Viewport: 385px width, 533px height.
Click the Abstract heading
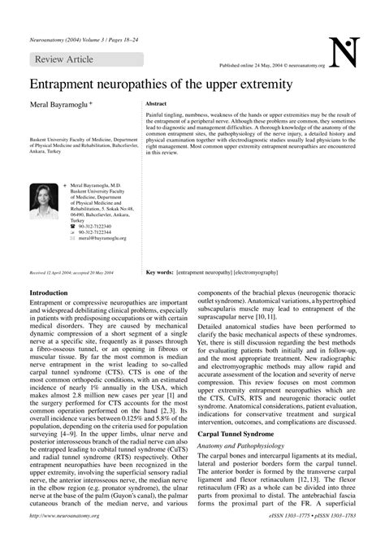coord(156,106)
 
